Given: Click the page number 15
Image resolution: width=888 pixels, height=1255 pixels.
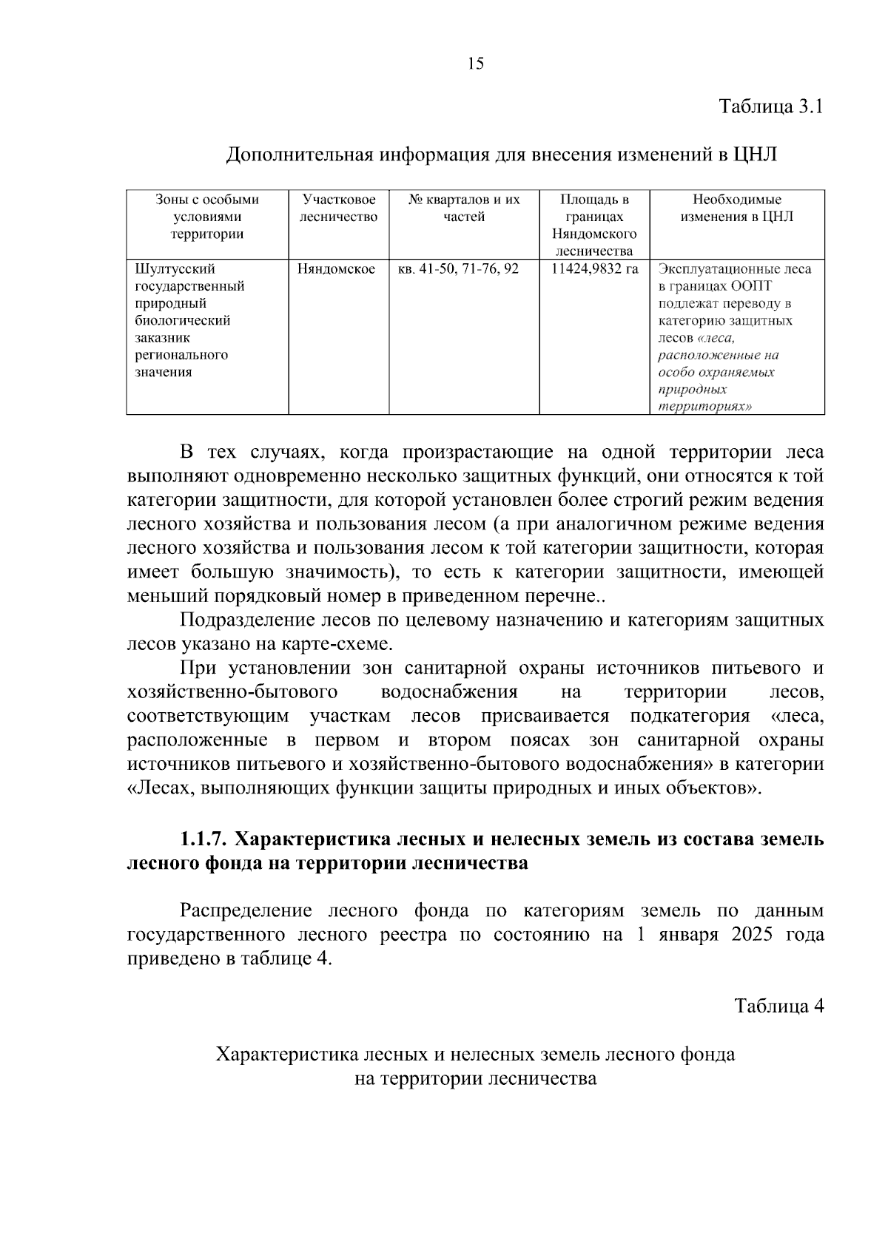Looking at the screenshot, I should [x=476, y=64].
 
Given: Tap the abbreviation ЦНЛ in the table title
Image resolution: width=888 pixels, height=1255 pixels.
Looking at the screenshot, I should [x=755, y=155].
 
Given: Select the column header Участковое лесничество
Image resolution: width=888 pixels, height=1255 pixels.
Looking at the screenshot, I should [x=338, y=208].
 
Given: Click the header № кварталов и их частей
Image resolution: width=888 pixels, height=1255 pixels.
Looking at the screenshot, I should [x=464, y=208].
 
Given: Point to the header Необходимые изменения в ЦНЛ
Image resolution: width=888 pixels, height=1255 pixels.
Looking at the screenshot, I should [x=736, y=208].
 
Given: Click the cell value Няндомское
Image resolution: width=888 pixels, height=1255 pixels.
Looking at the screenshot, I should [x=336, y=269].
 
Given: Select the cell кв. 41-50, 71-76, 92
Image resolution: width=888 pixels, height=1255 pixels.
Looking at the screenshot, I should [x=458, y=269].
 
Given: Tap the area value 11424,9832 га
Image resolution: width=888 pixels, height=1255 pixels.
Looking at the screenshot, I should [x=594, y=269].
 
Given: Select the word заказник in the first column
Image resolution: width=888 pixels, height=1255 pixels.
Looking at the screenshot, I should [x=162, y=338].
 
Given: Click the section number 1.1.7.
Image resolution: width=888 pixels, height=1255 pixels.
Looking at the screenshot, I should [x=205, y=839].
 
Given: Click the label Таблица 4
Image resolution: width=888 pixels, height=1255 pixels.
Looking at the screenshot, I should [x=778, y=1006].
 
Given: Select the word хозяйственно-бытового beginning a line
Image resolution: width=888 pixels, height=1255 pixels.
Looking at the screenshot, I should [x=232, y=692].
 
